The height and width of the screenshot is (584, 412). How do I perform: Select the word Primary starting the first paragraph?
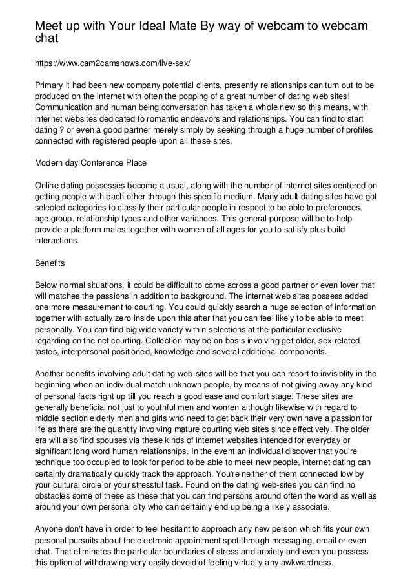pos(50,86)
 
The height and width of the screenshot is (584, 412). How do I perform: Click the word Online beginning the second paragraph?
pos(48,186)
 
